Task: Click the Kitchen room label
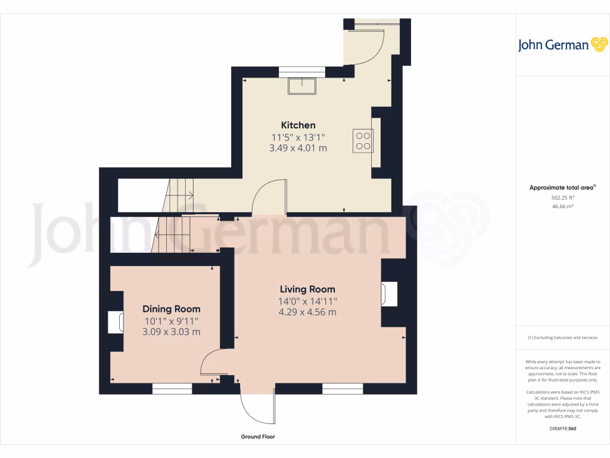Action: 298,125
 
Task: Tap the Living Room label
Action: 307,290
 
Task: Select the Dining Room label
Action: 171,309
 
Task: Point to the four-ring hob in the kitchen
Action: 363,140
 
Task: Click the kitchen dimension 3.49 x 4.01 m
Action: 298,148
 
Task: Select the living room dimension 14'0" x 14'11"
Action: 307,301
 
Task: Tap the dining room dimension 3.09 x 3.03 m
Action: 171,332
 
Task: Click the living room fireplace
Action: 389,294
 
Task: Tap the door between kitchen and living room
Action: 269,197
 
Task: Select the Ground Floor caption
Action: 258,437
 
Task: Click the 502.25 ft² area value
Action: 562,197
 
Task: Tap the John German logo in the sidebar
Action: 562,45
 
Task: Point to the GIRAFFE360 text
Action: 562,428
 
